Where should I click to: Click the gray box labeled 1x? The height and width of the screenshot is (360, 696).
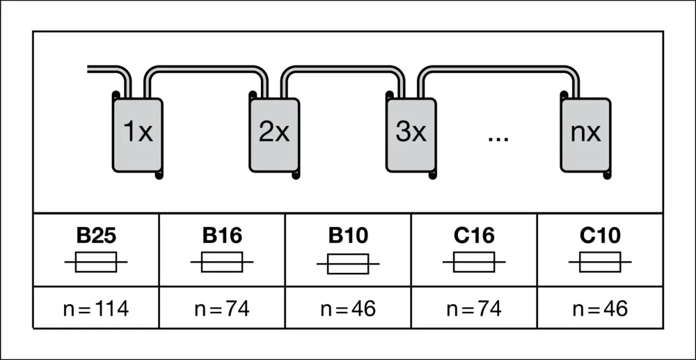point(138,134)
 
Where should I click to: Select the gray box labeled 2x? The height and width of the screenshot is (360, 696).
point(274,134)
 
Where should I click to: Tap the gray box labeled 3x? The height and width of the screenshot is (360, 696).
point(411,134)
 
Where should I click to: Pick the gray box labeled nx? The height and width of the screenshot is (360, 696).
point(585,134)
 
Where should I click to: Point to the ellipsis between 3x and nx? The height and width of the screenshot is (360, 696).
point(498,137)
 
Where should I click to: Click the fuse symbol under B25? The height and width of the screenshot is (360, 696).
point(96,263)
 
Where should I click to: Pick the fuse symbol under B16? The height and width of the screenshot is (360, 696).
point(222,263)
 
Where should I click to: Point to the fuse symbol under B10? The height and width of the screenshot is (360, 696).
point(348,265)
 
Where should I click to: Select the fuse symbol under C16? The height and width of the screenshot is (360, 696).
point(474,263)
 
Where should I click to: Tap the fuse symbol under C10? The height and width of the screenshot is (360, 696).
point(600,263)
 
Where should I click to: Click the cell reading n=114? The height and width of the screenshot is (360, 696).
point(96,308)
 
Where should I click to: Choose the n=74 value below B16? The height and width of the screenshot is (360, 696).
point(222,308)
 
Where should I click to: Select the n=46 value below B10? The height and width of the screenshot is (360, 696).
point(348,308)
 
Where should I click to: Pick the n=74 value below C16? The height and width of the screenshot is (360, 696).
point(474,308)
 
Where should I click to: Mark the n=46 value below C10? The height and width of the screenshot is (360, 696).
point(600,308)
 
